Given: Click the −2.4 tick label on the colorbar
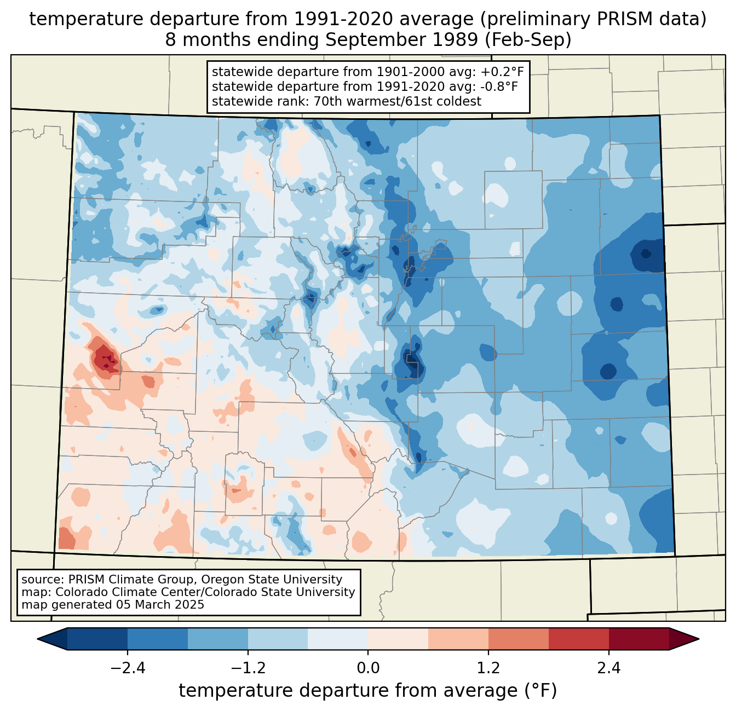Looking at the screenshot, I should [128, 668].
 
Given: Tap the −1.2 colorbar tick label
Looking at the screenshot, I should [248, 668].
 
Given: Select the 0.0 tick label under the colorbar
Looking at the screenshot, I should [368, 668].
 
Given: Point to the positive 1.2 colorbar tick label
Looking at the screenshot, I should [488, 668].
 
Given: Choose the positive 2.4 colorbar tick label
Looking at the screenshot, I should [609, 668].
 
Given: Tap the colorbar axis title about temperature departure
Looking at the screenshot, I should [368, 691].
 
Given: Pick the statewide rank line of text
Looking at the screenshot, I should [347, 101].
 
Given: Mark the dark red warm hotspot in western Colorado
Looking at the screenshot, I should [105, 359].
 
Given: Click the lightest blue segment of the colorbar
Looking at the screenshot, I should [338, 639].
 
